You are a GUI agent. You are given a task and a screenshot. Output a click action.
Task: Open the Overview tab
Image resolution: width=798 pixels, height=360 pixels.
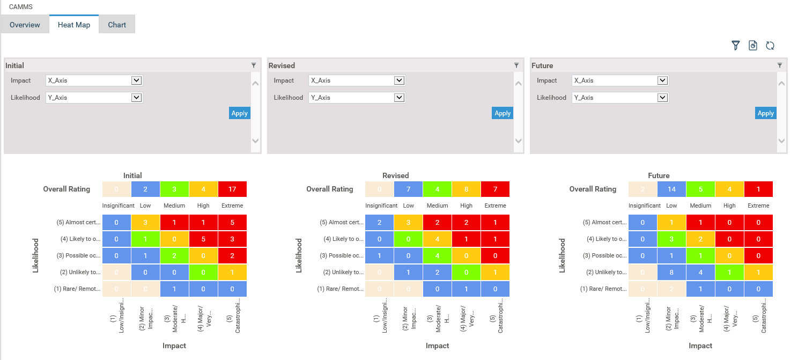25,25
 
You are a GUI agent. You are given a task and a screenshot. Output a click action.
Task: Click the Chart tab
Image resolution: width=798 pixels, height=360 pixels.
117,25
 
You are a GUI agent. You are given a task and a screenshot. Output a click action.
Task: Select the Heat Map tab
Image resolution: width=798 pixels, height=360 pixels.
74,25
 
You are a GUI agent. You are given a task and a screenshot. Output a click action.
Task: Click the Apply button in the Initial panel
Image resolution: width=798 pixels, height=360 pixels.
239,113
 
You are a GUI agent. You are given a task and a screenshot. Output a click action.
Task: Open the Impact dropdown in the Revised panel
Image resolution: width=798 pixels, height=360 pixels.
357,80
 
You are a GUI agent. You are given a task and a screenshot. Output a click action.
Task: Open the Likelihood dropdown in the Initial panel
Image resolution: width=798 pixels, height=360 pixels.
94,98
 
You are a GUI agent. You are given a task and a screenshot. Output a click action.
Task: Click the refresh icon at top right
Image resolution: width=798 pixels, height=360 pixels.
770,46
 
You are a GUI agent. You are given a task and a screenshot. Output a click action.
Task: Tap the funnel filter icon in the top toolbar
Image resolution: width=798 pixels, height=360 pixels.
736,46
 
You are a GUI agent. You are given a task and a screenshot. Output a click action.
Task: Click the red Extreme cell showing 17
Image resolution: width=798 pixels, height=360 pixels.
232,189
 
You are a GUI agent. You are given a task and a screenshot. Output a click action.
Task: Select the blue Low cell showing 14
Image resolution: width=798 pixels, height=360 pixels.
671,189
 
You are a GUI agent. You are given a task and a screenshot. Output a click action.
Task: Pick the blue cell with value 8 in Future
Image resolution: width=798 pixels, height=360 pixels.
671,272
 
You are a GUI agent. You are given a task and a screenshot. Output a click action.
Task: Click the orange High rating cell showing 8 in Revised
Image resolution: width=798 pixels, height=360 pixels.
467,189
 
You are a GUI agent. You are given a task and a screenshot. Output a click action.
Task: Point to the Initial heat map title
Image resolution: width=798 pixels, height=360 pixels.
132,175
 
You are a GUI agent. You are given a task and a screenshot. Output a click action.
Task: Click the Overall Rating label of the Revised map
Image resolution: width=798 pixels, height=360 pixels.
330,189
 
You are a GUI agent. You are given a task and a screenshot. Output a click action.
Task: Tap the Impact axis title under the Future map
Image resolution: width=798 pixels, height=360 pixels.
700,346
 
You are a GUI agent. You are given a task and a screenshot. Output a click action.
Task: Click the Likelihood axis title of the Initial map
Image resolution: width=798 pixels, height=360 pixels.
36,255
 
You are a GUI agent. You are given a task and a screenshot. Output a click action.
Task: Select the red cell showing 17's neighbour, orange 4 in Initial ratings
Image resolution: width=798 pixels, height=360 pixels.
203,189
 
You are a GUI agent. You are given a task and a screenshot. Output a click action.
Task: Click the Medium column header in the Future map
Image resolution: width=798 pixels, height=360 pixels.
700,205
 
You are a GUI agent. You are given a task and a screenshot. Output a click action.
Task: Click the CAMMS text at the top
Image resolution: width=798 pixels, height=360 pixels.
21,7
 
